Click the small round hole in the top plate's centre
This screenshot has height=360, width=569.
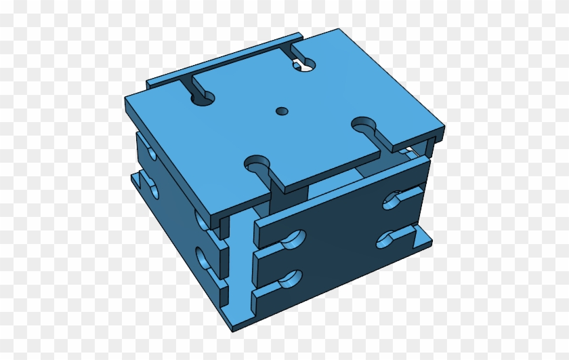pos(282,110)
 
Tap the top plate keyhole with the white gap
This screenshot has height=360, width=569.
pos(303,64)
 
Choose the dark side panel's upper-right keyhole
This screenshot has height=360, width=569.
pos(396,199)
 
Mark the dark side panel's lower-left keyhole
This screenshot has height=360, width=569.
pos(290,278)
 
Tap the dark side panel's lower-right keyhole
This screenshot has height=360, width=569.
pos(391,239)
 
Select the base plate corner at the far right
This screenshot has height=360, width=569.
pos(431,238)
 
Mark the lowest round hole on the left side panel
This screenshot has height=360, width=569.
pos(203,258)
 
